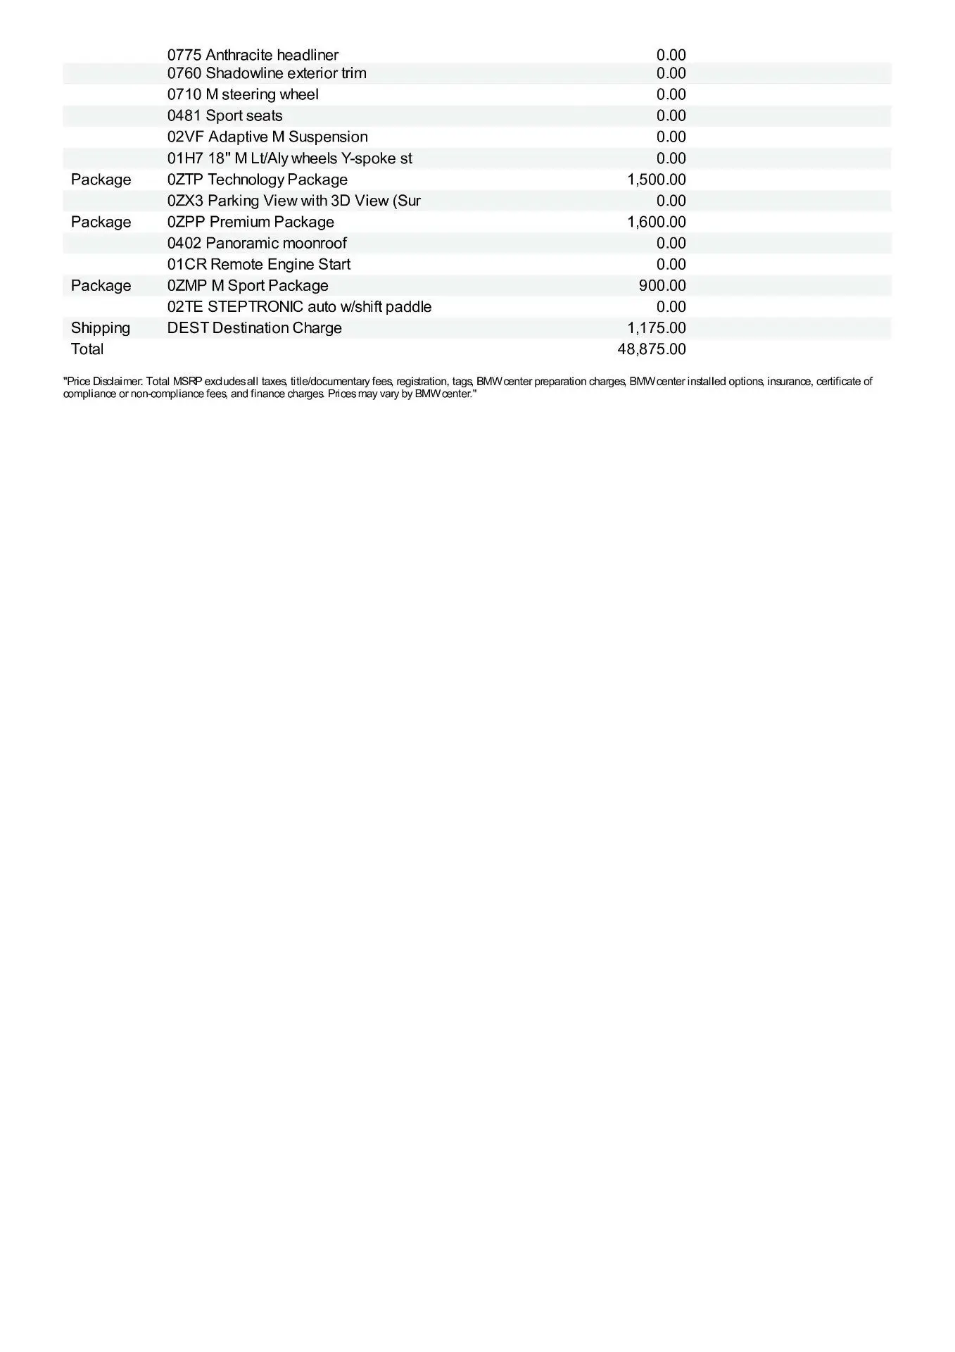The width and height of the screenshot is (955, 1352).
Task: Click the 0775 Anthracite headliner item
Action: point(253,55)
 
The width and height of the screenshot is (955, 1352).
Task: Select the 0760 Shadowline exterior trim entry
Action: point(267,73)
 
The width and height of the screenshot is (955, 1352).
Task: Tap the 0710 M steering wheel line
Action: point(243,94)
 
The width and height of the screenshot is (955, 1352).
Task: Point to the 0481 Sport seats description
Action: point(224,115)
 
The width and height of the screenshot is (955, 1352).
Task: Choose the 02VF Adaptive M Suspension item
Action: point(267,137)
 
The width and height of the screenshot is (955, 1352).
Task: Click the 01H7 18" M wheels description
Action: point(290,158)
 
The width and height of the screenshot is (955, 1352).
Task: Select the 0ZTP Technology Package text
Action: point(258,180)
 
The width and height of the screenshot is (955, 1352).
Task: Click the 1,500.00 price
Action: point(656,180)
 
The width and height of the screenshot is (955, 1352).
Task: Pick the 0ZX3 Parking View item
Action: point(294,201)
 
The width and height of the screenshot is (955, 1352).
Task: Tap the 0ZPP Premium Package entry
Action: point(251,222)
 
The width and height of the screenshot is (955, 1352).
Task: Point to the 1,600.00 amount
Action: point(656,222)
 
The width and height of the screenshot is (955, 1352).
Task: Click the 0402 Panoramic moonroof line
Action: point(257,243)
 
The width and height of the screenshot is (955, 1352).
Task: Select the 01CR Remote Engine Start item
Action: point(259,264)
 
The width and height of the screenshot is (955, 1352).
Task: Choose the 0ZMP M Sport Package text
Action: point(248,285)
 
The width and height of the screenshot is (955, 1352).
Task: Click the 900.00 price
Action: point(662,285)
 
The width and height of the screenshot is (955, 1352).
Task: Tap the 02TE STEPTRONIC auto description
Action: point(299,306)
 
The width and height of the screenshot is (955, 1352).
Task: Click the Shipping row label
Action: point(101,327)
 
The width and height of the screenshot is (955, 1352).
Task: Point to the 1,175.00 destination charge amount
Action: point(656,327)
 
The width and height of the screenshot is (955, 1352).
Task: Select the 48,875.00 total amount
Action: point(651,349)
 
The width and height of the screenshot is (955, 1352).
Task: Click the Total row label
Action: point(87,349)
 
